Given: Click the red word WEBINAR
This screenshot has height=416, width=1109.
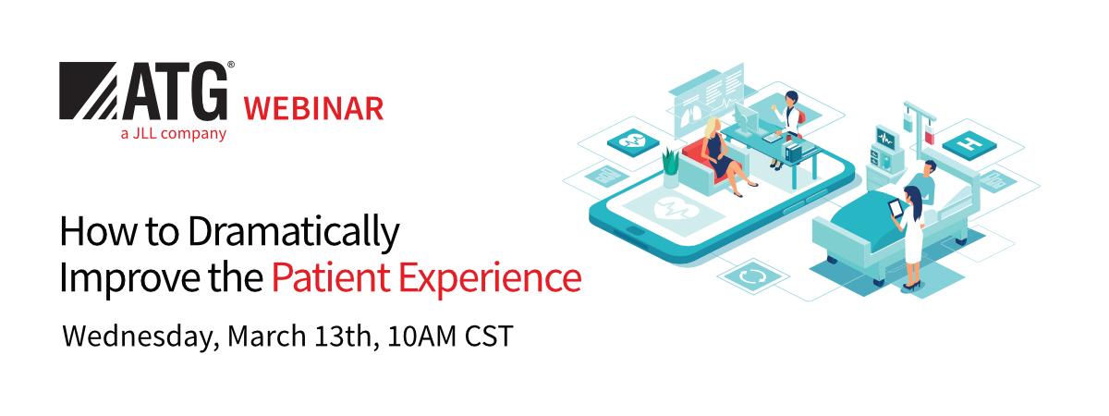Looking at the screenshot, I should [x=312, y=109].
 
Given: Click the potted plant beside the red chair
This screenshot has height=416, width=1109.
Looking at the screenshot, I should [x=670, y=166].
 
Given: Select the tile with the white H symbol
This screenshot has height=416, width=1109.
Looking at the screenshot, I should [x=970, y=144].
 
